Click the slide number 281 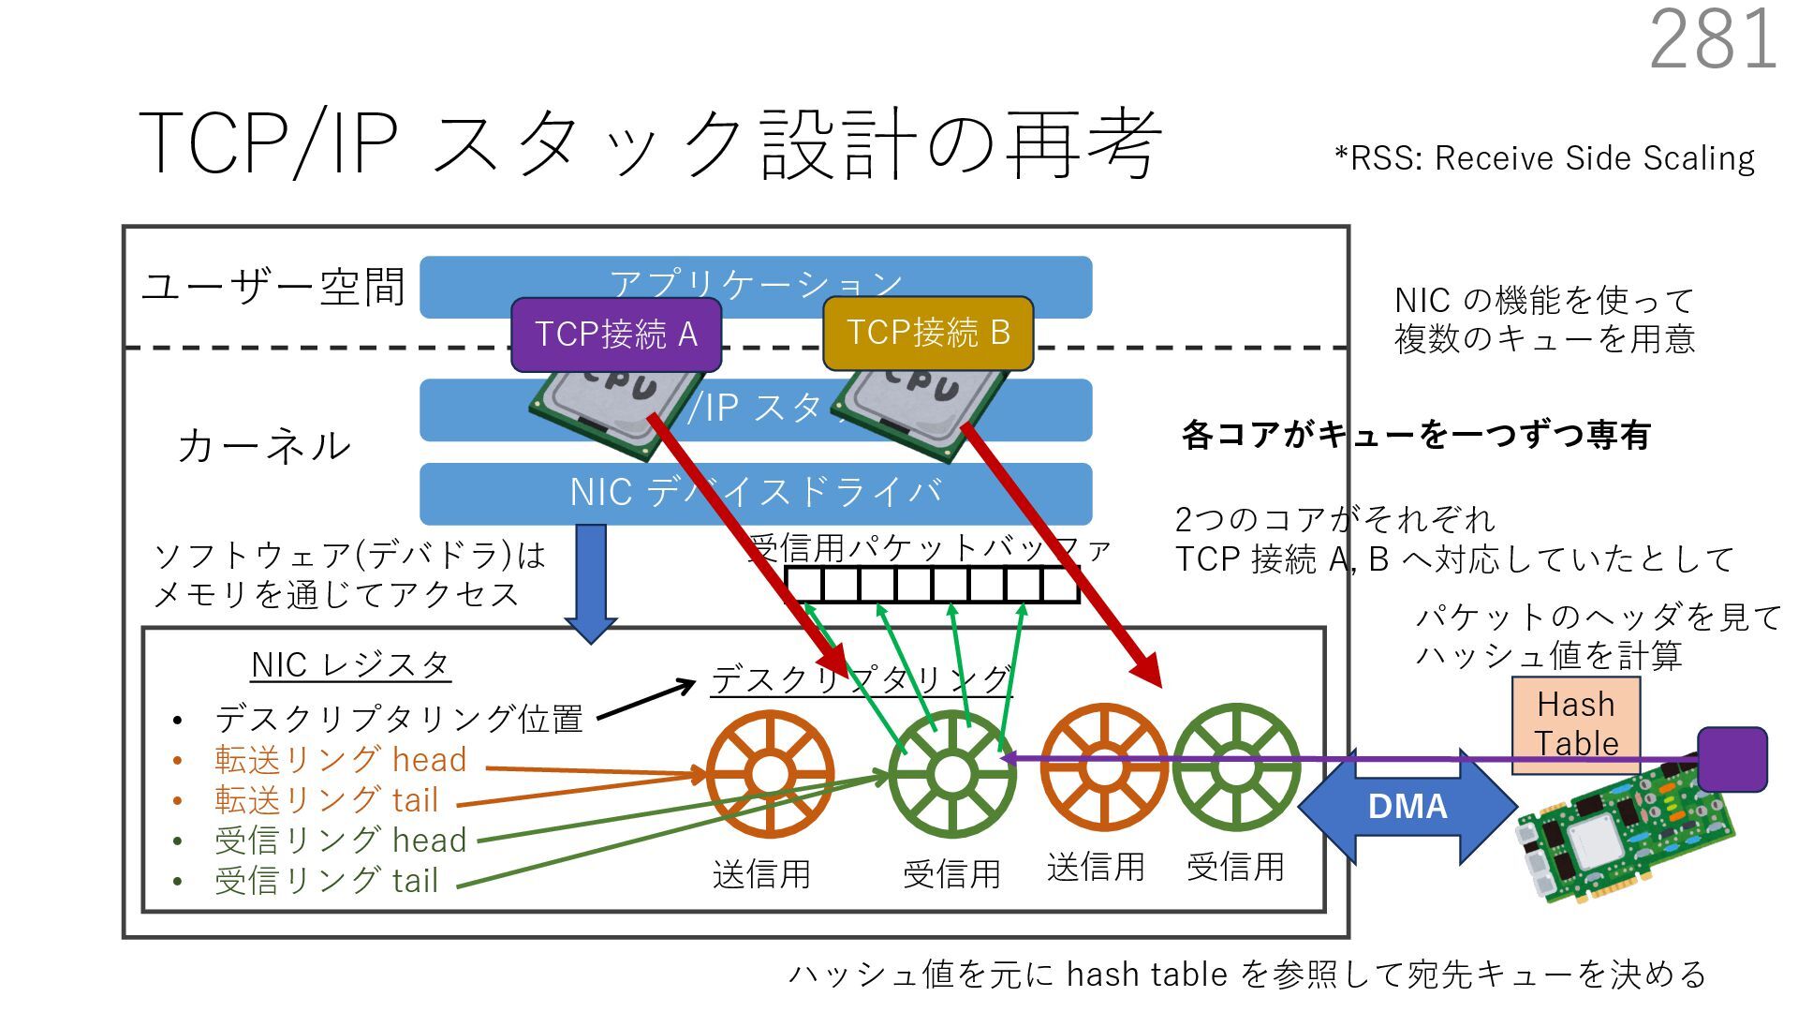pyautogui.click(x=1713, y=39)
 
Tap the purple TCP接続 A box pyautogui.click(x=615, y=335)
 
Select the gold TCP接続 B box pyautogui.click(x=927, y=333)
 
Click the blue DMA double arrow pyautogui.click(x=1407, y=806)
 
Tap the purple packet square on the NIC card pyautogui.click(x=1732, y=759)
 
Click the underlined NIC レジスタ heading pyautogui.click(x=350, y=665)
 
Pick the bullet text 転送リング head pyautogui.click(x=340, y=760)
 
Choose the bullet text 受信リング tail pyautogui.click(x=326, y=881)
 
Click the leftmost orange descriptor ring pyautogui.click(x=770, y=774)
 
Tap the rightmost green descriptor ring pyautogui.click(x=1236, y=767)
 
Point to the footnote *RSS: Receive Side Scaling pyautogui.click(x=1544, y=158)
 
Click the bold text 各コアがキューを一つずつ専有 pyautogui.click(x=1415, y=435)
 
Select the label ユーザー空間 pyautogui.click(x=273, y=287)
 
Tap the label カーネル pyautogui.click(x=264, y=446)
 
